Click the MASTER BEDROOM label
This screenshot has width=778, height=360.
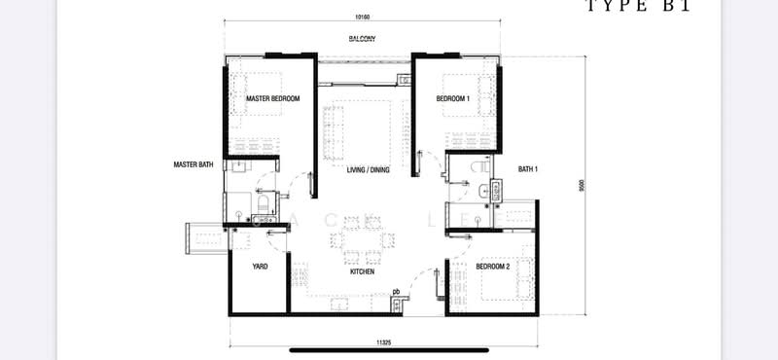(272, 99)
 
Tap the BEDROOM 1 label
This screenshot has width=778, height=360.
(453, 99)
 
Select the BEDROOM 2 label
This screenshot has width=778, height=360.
(492, 267)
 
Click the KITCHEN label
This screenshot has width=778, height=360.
(363, 272)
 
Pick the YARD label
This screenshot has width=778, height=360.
(260, 267)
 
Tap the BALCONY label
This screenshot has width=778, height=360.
(362, 39)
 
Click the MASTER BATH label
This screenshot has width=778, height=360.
(194, 164)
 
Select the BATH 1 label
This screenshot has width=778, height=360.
(528, 169)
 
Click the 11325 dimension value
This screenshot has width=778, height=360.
(384, 342)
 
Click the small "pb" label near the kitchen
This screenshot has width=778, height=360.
(396, 291)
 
